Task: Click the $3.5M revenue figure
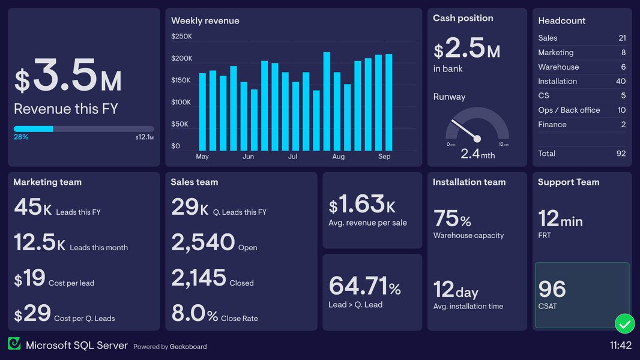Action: [68, 76]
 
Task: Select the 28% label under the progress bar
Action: [21, 137]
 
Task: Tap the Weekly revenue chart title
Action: [205, 21]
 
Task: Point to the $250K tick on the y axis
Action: [181, 37]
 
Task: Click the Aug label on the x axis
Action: [339, 157]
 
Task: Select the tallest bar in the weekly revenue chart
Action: [327, 101]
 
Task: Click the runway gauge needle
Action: [465, 127]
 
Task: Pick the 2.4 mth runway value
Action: [477, 154]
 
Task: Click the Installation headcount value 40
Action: [620, 82]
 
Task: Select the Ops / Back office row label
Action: [569, 110]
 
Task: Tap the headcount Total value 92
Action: [621, 154]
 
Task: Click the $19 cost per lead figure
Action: [30, 278]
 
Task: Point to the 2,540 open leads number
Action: [203, 243]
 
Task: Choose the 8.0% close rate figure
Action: [195, 314]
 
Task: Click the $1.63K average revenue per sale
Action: [362, 205]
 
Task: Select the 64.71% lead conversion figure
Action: [364, 286]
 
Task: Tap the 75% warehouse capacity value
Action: [452, 219]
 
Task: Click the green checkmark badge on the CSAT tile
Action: [624, 325]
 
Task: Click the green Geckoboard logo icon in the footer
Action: [14, 344]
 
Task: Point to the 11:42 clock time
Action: [620, 346]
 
